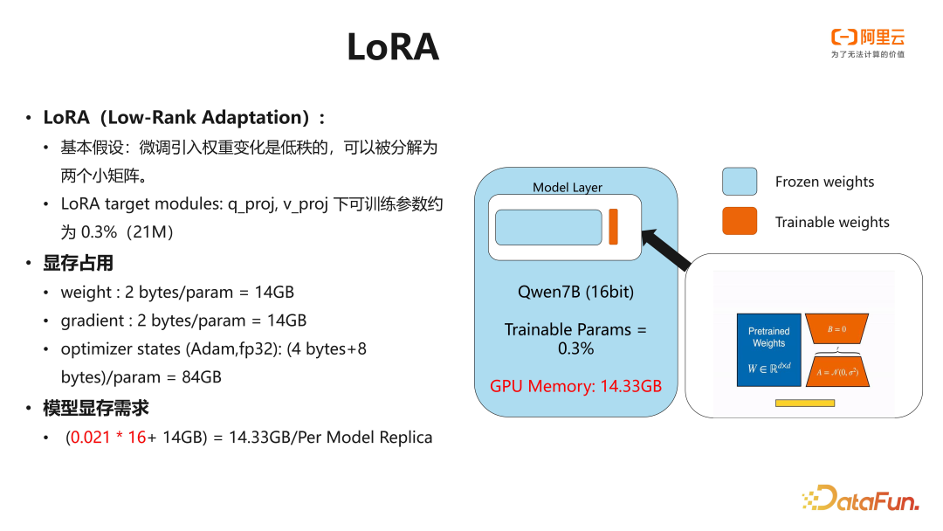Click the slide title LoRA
[x=392, y=47]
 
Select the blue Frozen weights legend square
[x=739, y=182]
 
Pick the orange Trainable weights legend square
[x=739, y=222]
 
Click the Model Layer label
[x=568, y=188]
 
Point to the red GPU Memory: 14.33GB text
[x=575, y=386]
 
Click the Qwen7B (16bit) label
[x=575, y=292]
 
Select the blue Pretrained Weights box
[x=768, y=349]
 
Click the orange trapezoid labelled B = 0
[x=836, y=329]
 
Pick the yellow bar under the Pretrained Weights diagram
[x=804, y=403]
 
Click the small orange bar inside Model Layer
[x=613, y=227]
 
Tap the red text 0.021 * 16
[x=108, y=438]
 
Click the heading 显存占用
[x=79, y=263]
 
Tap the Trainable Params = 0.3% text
[x=575, y=339]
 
